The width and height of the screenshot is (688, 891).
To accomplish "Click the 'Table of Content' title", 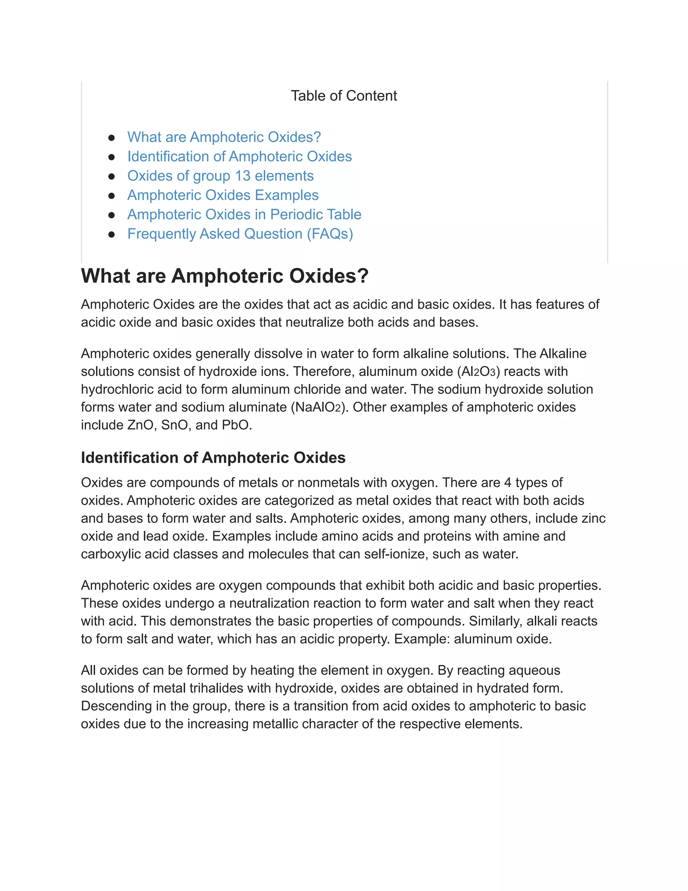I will pos(344,96).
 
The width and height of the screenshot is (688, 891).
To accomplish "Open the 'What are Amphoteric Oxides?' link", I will pos(224,137).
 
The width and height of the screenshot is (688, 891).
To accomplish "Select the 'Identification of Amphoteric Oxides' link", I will pos(239,157).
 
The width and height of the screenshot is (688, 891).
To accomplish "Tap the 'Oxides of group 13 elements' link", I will pos(220,176).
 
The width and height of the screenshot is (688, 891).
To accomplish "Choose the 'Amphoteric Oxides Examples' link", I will pos(222,195).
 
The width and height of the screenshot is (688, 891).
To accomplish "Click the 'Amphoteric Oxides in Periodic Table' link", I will pos(244,215).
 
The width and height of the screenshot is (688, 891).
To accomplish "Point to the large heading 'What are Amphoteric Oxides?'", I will pos(225,276).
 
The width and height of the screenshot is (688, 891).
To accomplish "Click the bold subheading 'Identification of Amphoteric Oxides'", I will pos(213,458).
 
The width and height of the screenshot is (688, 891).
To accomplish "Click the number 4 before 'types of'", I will pos(508,482).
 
